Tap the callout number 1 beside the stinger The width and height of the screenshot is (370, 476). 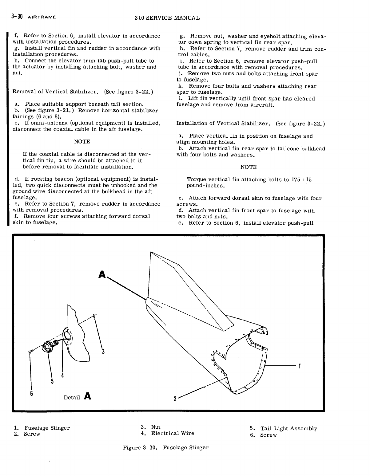pyautogui.click(x=300, y=366)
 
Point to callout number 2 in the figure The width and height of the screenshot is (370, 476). pyautogui.click(x=175, y=399)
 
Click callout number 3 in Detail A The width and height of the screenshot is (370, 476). pyautogui.click(x=103, y=352)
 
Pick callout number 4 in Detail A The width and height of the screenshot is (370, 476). pyautogui.click(x=63, y=375)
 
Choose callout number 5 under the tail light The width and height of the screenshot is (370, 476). pyautogui.click(x=52, y=381)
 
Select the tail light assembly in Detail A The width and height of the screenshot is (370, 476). pyautogui.click(x=50, y=346)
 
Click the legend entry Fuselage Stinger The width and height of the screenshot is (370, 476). pyautogui.click(x=42, y=428)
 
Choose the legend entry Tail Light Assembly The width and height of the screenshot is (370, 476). pyautogui.click(x=283, y=428)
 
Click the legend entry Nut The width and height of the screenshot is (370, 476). pyautogui.click(x=151, y=427)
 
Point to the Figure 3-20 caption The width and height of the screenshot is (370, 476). pyautogui.click(x=166, y=447)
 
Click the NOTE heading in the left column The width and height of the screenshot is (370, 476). pyautogui.click(x=82, y=142)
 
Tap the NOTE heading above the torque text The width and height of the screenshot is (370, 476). pyautogui.click(x=248, y=167)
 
